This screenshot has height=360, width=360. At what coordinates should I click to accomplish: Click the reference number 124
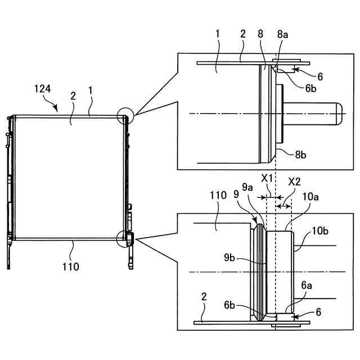pos(43,89)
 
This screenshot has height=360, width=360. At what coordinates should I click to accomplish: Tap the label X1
pos(267,178)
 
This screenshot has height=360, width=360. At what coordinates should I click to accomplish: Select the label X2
pos(294,182)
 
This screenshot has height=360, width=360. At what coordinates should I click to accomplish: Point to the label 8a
pos(282,34)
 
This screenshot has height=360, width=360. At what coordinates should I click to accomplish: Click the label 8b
pos(300,155)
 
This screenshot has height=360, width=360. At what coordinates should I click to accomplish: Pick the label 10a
pos(310,197)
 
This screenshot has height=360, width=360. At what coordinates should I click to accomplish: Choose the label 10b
pos(320,231)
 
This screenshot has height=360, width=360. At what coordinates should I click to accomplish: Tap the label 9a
pos(247,187)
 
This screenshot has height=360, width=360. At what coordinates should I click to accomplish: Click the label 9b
pos(229,258)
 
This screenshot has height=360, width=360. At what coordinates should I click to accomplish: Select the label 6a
pos(307,285)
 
